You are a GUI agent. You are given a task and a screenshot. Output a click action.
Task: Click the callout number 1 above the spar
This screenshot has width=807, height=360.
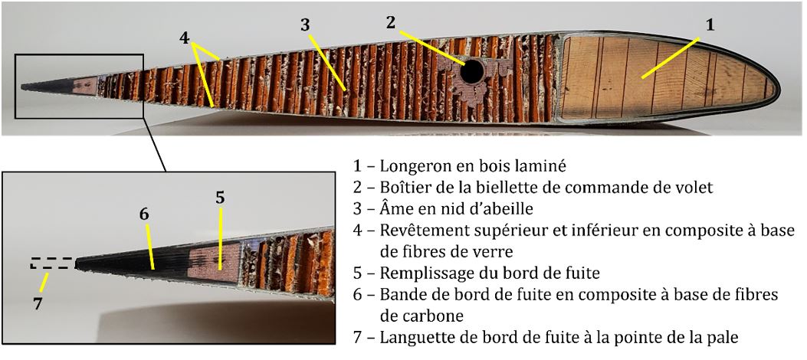click(710, 25)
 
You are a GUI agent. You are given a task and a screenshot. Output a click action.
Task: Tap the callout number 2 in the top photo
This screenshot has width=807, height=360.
click(391, 22)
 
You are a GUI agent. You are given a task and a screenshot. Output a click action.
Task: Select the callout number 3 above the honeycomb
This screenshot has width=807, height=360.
click(305, 25)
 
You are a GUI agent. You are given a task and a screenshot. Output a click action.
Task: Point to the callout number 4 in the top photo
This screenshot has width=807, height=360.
click(185, 38)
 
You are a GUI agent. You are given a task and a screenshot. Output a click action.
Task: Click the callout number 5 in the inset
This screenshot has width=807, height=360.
click(220, 198)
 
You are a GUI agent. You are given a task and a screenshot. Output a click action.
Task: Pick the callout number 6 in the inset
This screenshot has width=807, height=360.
click(144, 214)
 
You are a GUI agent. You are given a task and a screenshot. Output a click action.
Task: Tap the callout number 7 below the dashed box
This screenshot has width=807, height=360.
click(37, 304)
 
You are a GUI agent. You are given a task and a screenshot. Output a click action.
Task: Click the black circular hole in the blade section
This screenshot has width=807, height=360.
click(472, 72)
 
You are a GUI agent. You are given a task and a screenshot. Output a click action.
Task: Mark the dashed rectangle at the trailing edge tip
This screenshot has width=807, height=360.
click(52, 263)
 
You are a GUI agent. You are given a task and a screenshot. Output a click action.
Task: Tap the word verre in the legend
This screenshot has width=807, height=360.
click(519, 253)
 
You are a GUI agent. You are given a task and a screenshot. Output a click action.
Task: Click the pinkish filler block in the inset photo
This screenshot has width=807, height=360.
click(214, 263)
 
